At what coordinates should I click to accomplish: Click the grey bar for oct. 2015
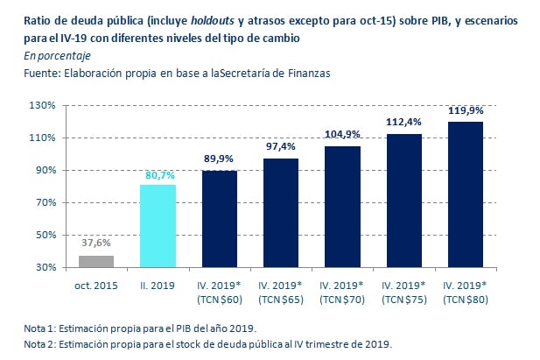click(x=96, y=261)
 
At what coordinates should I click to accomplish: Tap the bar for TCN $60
click(x=220, y=219)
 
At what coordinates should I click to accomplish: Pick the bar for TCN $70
click(x=342, y=207)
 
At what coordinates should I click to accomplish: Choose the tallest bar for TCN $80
click(x=465, y=194)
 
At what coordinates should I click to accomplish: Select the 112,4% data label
click(x=403, y=122)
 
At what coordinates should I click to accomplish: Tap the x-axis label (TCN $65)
click(x=281, y=300)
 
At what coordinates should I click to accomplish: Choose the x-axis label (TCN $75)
click(x=403, y=300)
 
